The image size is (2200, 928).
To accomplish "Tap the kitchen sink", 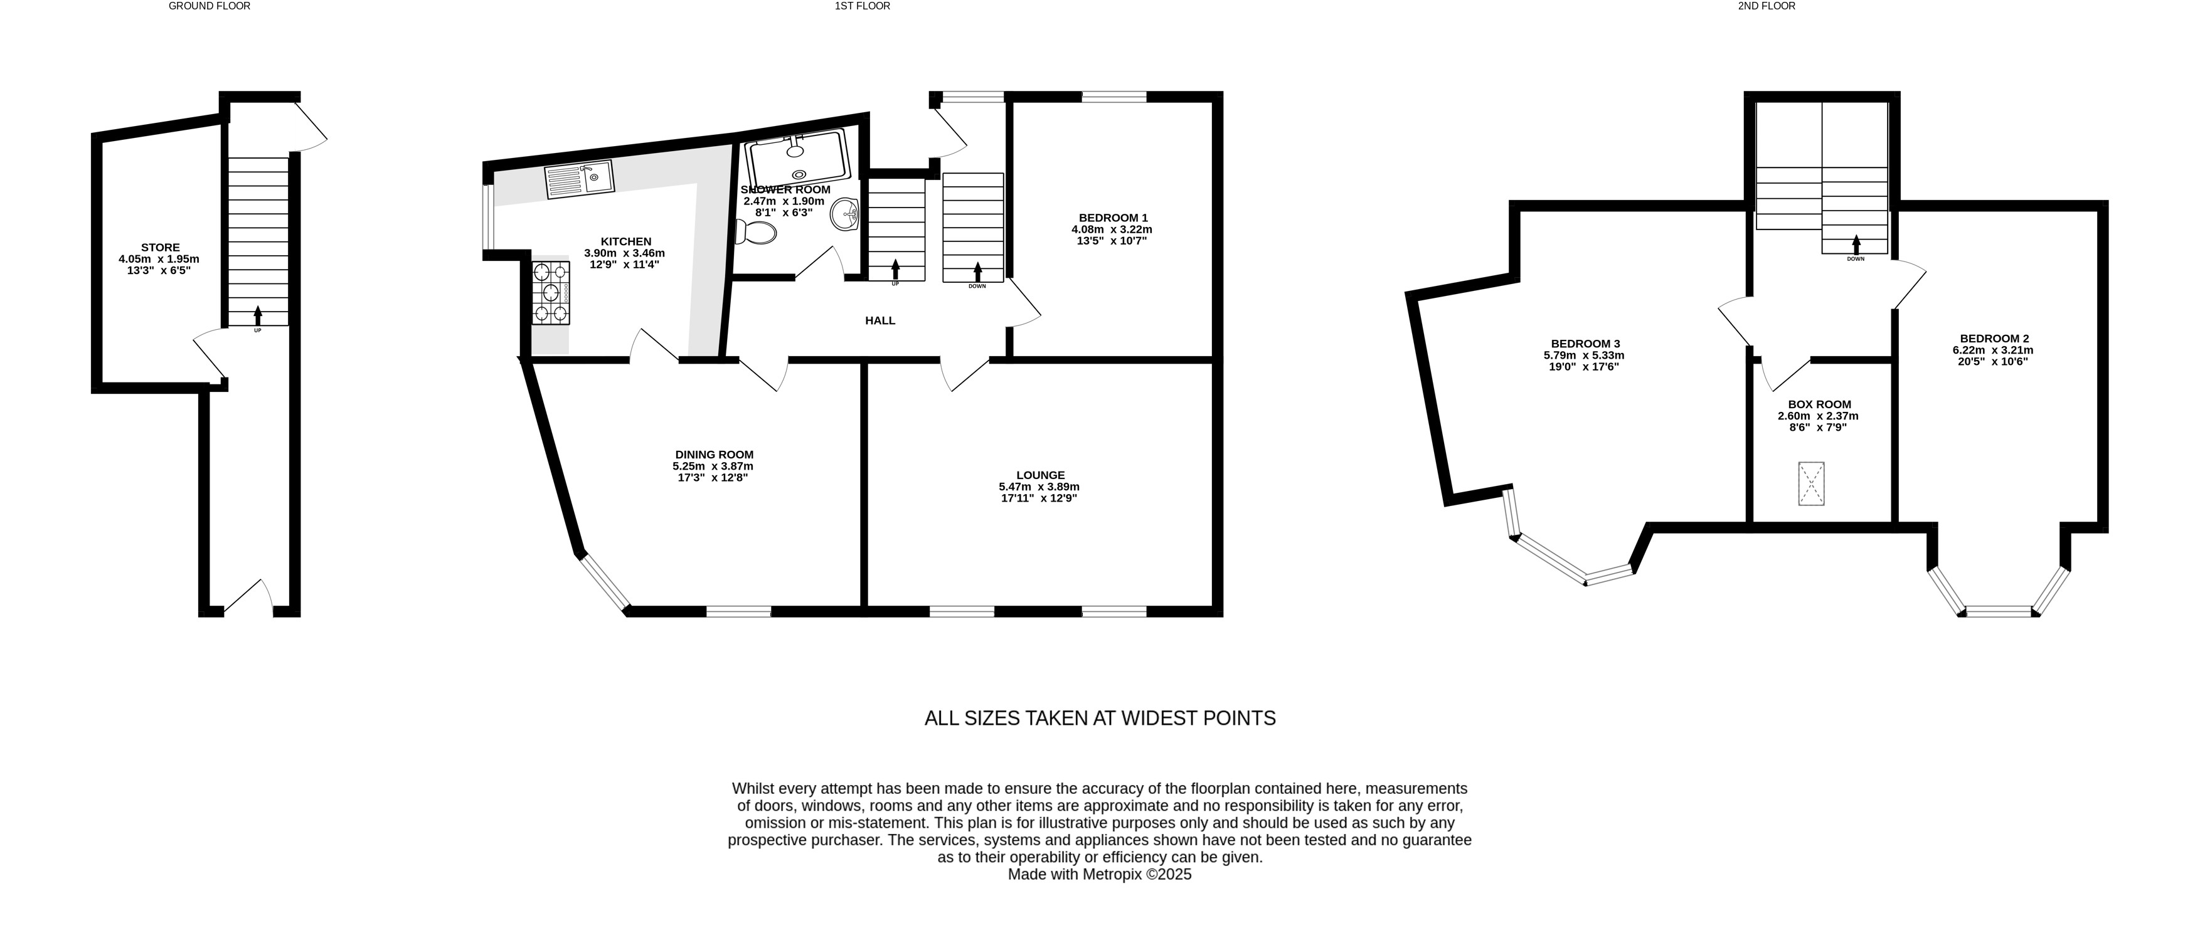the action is (x=579, y=179).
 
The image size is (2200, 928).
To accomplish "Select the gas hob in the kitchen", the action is (x=551, y=293).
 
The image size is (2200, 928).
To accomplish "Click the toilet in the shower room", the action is (x=756, y=231).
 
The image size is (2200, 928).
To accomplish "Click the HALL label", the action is (x=881, y=320).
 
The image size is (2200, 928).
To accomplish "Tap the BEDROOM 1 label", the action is (x=1113, y=218).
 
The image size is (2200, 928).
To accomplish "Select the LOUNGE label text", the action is (x=1040, y=475).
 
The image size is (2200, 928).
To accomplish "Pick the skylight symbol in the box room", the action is (x=1810, y=483).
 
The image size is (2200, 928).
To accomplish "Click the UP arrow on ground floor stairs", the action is (x=258, y=314).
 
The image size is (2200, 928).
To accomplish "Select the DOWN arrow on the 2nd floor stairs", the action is (x=1856, y=244).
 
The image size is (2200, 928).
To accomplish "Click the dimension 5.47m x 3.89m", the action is (x=1039, y=487).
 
